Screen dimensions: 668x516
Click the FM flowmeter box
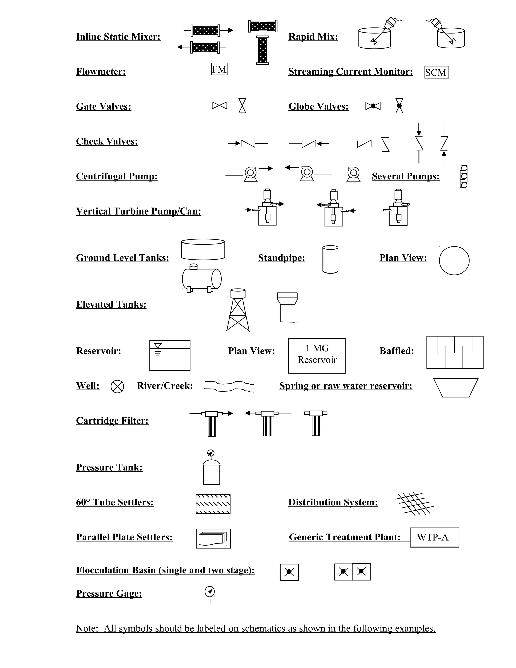[x=219, y=69]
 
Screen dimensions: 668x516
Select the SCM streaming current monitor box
[x=437, y=72]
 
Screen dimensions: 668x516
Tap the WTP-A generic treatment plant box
[x=434, y=537]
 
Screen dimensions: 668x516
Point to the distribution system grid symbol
[x=414, y=503]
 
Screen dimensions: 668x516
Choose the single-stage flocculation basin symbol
[x=289, y=572]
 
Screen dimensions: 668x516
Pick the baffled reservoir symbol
[x=455, y=352]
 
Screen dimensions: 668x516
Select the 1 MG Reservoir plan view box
[x=317, y=355]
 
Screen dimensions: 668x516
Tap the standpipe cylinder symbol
[x=331, y=259]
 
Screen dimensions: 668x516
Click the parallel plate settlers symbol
[x=213, y=538]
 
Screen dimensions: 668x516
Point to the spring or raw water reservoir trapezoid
[x=456, y=387]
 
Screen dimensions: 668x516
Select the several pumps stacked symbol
[x=464, y=176]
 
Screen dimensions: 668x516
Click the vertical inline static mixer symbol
[x=263, y=50]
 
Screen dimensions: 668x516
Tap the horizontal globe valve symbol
[x=373, y=106]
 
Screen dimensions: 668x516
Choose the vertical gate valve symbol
[x=242, y=106]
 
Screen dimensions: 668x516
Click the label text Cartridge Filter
[x=112, y=421]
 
